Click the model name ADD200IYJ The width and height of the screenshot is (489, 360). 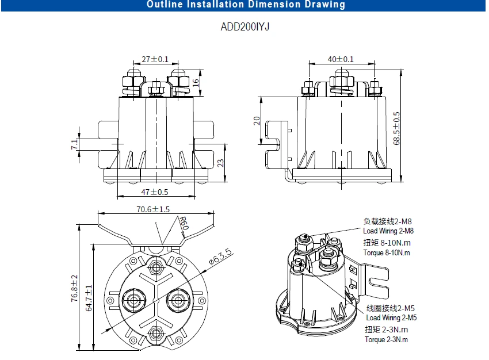click(x=244, y=27)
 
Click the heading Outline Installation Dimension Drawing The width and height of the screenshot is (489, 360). click(x=246, y=5)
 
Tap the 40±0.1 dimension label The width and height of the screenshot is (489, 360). click(x=341, y=59)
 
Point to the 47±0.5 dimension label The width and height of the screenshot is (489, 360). click(x=155, y=192)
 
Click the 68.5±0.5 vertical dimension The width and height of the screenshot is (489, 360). click(x=396, y=128)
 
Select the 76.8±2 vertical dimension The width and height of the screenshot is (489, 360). click(x=74, y=288)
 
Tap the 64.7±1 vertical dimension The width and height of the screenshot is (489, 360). click(x=89, y=297)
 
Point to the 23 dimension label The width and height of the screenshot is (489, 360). click(x=220, y=163)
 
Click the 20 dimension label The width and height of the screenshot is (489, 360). click(x=257, y=121)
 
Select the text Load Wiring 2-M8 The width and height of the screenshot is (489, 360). click(x=388, y=231)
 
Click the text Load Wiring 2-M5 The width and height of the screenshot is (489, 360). click(x=391, y=317)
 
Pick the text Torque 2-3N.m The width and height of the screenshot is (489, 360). click(x=386, y=339)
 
